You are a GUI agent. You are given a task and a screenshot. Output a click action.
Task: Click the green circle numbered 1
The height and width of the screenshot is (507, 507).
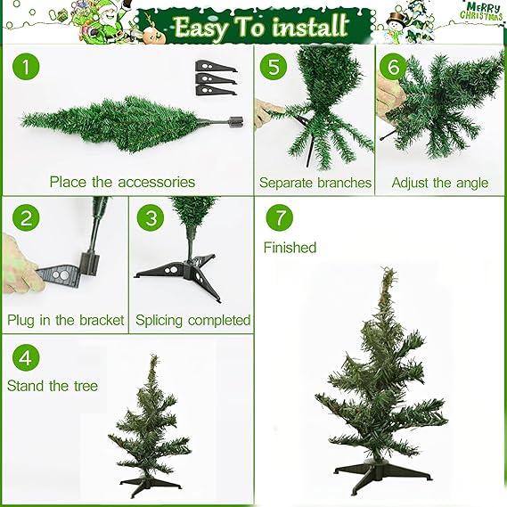point(26,67)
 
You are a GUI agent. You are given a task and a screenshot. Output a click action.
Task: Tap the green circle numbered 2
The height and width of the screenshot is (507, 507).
point(26,217)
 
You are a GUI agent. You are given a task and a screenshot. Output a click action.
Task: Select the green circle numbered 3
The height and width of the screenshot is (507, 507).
point(151,217)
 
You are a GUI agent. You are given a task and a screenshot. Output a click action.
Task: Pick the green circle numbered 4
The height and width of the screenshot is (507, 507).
point(26,357)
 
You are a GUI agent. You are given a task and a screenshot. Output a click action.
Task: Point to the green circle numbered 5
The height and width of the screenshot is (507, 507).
point(274,67)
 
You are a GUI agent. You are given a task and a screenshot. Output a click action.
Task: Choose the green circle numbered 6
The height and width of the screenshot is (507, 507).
point(393,67)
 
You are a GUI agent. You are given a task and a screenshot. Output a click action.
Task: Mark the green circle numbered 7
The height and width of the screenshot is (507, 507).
point(280,217)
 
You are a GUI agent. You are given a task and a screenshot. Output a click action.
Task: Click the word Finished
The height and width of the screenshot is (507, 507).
point(290,248)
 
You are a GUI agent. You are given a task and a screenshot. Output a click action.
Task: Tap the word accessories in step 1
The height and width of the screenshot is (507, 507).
point(157,182)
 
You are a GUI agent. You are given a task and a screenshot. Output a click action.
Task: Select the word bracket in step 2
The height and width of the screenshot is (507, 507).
point(102,320)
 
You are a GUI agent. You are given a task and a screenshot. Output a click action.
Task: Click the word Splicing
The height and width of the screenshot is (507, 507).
point(159,321)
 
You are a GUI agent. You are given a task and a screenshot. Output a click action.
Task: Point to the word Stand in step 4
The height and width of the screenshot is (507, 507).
point(26,386)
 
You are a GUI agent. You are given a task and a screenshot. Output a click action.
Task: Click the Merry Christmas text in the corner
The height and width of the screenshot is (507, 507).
point(481,12)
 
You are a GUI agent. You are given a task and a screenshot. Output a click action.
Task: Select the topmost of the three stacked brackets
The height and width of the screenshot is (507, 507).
point(216,66)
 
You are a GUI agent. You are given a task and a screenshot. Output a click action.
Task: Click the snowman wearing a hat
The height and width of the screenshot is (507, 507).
point(396,27)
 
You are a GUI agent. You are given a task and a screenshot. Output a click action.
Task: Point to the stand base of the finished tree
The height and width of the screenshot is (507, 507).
point(382,474)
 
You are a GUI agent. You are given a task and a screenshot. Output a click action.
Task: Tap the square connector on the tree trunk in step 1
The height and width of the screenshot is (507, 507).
point(236,122)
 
